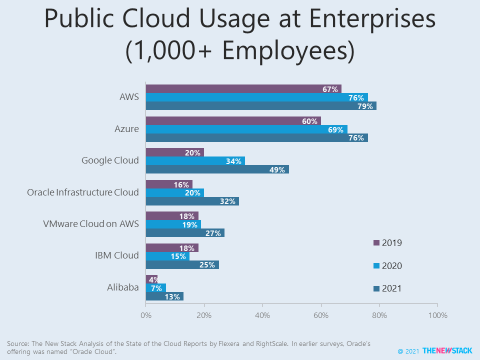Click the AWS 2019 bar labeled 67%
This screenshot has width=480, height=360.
243,89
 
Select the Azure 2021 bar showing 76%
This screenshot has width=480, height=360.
256,138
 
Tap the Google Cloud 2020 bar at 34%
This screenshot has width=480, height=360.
195,161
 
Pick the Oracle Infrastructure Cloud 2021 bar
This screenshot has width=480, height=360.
192,201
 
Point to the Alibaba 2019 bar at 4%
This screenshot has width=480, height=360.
151,279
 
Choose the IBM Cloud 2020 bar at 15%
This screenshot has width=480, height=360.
167,256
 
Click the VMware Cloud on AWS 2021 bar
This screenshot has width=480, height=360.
185,233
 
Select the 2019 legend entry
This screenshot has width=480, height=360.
388,243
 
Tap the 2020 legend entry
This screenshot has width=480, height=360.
388,266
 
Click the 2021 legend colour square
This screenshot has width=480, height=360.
376,288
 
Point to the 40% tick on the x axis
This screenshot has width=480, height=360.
262,315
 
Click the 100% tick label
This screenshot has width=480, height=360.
437,315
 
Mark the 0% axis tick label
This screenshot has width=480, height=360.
145,315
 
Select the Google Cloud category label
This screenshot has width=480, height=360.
110,160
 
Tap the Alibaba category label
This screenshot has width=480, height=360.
123,287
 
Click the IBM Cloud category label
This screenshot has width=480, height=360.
116,255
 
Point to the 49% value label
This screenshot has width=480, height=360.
276,170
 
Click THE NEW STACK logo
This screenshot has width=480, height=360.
446,351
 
